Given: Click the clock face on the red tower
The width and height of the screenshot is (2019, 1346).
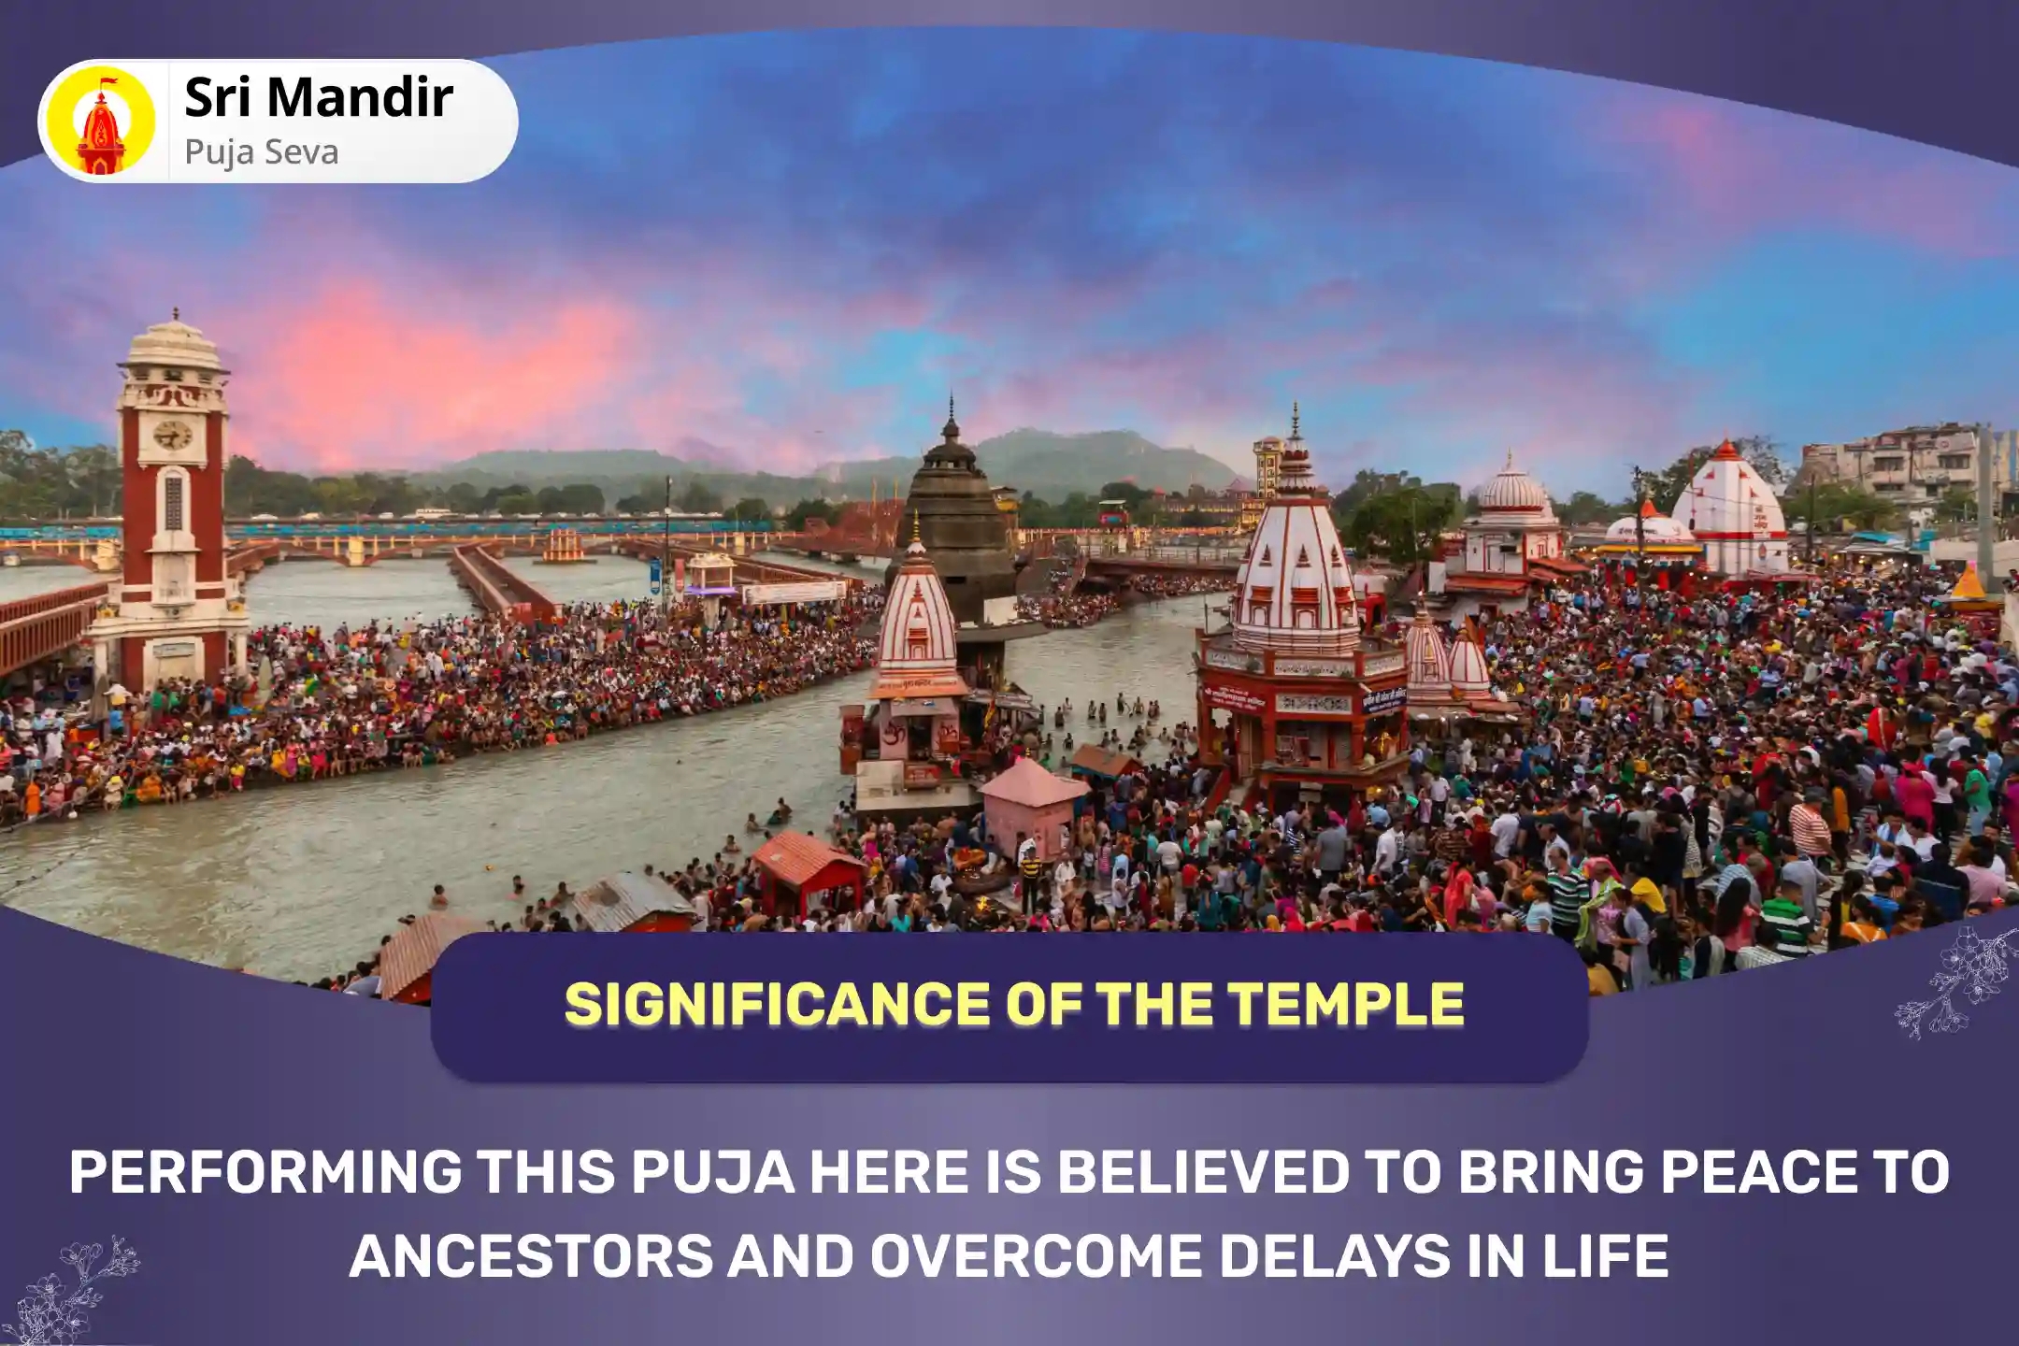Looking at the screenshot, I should tap(172, 434).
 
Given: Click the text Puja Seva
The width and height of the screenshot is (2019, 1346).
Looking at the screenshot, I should tap(261, 151).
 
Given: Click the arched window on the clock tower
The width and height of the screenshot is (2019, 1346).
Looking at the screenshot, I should tap(173, 501).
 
